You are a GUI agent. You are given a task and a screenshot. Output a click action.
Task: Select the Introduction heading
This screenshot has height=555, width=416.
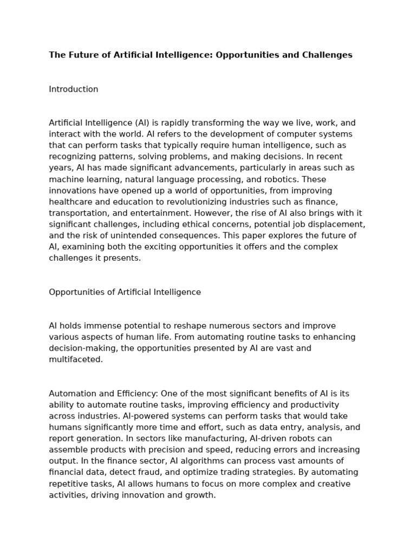coord(74,89)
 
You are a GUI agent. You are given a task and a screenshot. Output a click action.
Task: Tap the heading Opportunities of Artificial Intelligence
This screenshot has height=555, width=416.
coord(125,292)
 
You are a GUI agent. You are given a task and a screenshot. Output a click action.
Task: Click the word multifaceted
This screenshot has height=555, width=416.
coord(75,359)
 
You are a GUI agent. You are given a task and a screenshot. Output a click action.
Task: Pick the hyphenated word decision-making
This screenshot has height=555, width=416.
coord(83,349)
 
